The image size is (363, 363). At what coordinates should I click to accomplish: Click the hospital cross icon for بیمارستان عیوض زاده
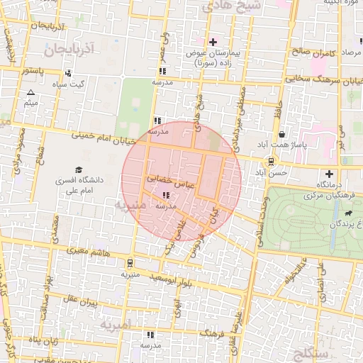213,42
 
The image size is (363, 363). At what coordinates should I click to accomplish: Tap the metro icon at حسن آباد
272,161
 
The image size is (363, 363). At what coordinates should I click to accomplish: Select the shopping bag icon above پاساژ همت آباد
282,134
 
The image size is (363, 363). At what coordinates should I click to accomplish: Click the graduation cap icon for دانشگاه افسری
80,169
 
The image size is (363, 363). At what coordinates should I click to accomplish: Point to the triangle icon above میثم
30,93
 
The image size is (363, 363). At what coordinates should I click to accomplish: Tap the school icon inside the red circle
166,195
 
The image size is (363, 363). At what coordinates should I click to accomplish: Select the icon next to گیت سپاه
68,73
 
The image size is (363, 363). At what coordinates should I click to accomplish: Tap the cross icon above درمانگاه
328,174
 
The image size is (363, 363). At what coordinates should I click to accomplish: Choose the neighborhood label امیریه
116,325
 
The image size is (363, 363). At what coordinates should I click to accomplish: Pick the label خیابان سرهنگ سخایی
318,79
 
